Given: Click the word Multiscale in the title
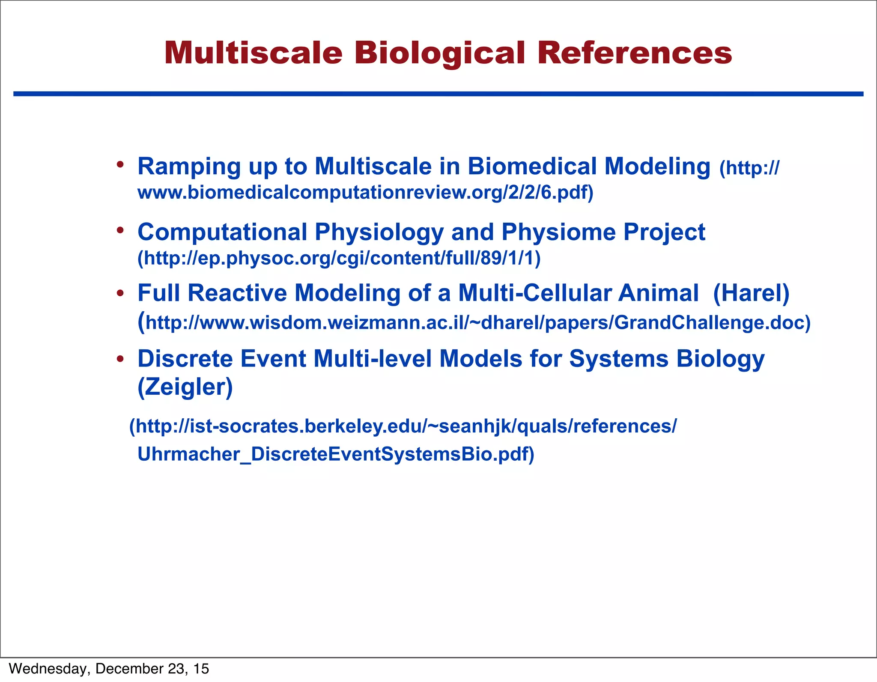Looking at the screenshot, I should point(253,54).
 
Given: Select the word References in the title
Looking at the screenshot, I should point(634,54).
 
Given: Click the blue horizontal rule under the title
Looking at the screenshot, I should point(438,94).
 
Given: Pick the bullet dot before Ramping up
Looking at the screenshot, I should point(120,165).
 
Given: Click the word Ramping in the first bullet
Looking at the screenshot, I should point(189,167).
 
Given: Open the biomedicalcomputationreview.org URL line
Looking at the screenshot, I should point(365,193).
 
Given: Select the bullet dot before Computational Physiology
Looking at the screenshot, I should point(120,231).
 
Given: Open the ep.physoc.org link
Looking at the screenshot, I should point(339,258).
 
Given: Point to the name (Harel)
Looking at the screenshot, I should point(751,293).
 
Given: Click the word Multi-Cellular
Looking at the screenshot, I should point(534,293).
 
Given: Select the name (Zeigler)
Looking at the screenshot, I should point(185,387).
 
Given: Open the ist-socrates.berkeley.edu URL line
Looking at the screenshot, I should point(403,426).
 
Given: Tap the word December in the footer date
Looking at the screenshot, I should point(129,669).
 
